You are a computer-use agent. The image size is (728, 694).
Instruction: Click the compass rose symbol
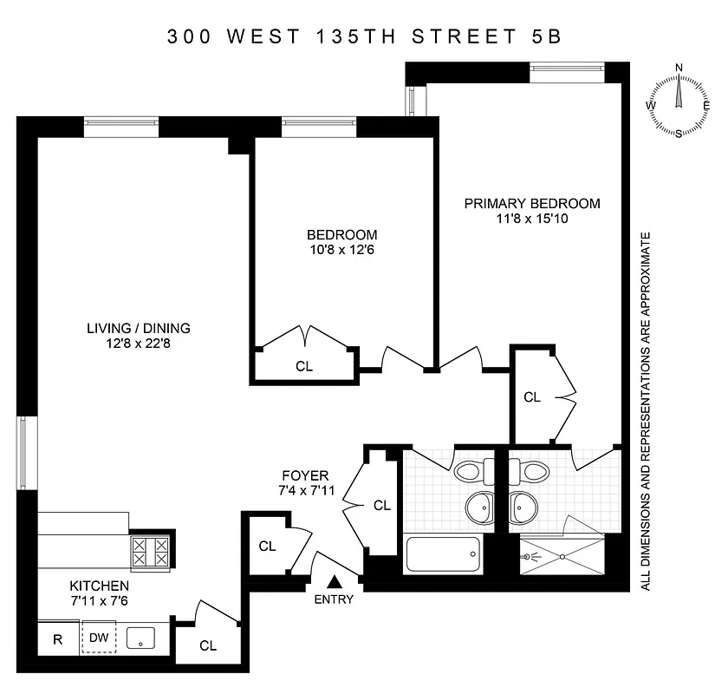(x=679, y=101)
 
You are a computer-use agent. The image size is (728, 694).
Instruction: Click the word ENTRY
(x=334, y=599)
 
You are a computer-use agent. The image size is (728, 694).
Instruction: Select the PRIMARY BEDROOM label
(x=531, y=204)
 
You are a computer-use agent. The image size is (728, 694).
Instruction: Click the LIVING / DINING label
(x=138, y=328)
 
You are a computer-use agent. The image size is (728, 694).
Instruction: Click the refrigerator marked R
(x=58, y=641)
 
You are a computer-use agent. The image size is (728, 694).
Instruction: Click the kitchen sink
(x=140, y=640)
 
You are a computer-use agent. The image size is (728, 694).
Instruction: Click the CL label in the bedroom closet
(x=303, y=366)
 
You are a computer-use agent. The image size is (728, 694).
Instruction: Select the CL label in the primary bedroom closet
(x=531, y=397)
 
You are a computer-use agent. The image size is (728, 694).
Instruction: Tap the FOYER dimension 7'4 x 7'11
(x=305, y=491)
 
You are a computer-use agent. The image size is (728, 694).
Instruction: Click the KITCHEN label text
(x=100, y=586)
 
